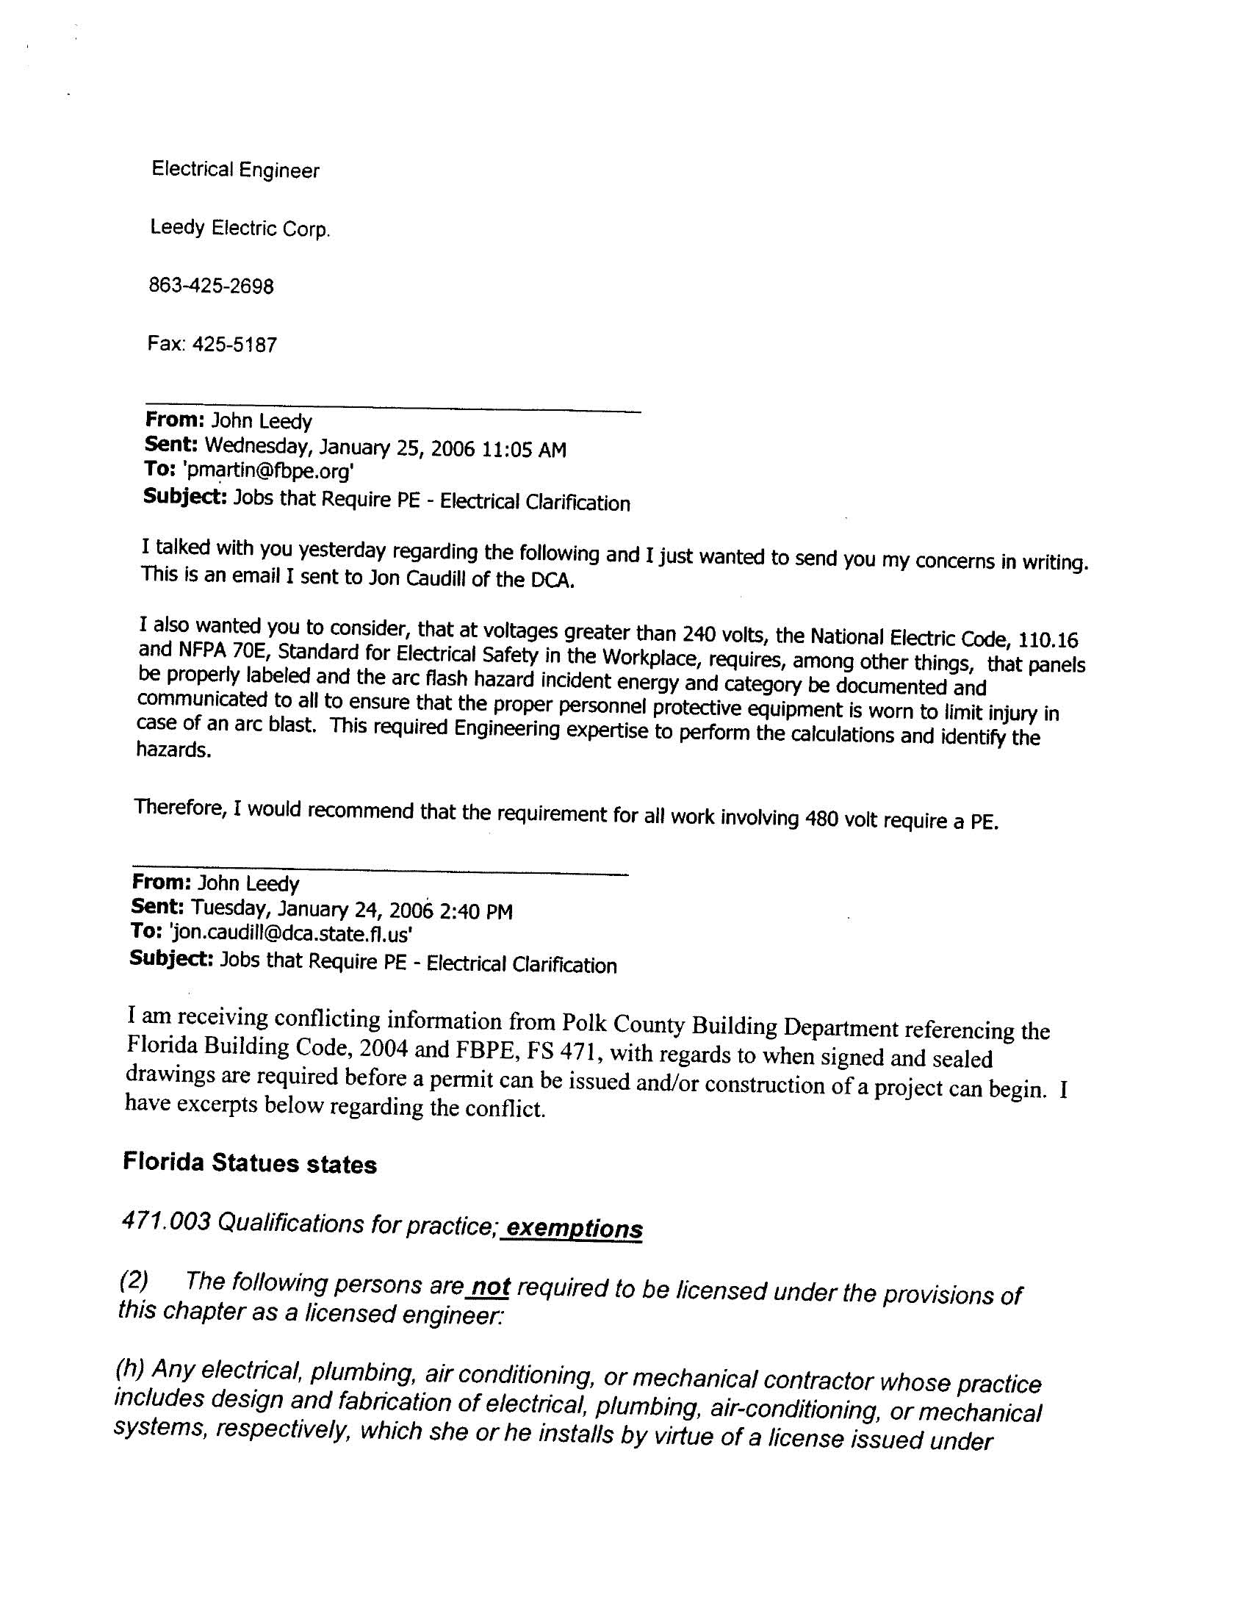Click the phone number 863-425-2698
pyautogui.click(x=211, y=286)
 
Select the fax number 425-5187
pyautogui.click(x=234, y=345)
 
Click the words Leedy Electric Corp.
pyautogui.click(x=240, y=229)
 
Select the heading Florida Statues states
pyautogui.click(x=249, y=1163)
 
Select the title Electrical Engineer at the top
pyautogui.click(x=235, y=170)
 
